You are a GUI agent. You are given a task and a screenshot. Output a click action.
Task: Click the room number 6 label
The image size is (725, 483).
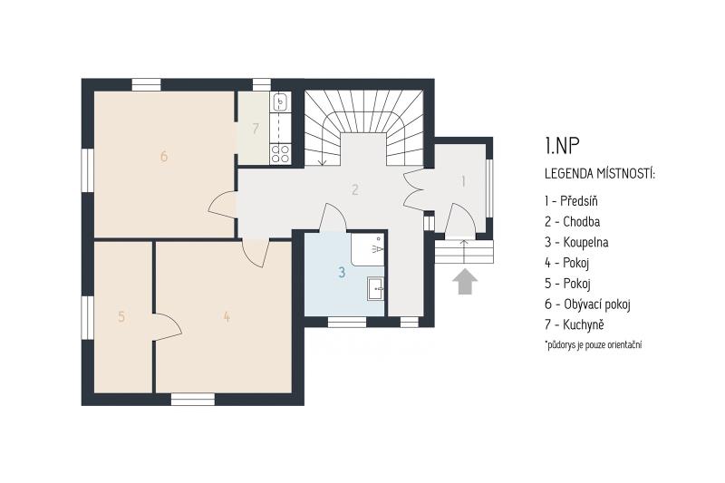click(164, 156)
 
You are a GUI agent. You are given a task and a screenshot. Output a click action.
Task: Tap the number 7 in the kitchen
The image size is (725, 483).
click(256, 129)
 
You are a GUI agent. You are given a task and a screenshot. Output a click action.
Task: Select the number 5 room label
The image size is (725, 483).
click(121, 316)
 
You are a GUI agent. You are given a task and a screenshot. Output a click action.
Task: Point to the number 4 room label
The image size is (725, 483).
click(227, 316)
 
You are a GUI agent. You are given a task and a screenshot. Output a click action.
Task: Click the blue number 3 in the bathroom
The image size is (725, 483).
click(342, 272)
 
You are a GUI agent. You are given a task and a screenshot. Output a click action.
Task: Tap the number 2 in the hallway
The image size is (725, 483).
click(354, 189)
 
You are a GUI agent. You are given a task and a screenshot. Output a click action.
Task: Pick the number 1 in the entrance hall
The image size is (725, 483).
click(463, 181)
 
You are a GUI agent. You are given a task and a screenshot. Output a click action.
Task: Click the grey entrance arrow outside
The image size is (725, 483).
click(465, 282)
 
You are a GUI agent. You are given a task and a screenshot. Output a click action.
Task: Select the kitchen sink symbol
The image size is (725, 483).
click(280, 102)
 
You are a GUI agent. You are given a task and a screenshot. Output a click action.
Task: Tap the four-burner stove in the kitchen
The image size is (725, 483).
click(280, 154)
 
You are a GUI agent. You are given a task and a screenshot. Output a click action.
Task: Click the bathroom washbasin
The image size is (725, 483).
click(375, 289)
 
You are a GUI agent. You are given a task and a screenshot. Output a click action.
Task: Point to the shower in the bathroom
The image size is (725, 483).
click(368, 248)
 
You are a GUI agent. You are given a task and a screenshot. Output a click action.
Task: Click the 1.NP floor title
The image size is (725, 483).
click(562, 146)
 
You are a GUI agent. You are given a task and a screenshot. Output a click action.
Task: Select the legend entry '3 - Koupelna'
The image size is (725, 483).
click(576, 242)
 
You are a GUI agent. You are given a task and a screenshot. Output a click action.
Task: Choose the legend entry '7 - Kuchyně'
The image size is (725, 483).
click(575, 324)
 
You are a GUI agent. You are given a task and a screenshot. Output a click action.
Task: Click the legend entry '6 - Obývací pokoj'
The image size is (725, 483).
click(587, 304)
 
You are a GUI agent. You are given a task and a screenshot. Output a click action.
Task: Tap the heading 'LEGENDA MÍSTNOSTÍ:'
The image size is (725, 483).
click(600, 174)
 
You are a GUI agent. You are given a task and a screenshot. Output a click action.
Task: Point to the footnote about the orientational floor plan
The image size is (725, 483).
click(594, 344)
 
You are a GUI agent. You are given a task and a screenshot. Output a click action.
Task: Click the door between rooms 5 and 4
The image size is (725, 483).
click(167, 327)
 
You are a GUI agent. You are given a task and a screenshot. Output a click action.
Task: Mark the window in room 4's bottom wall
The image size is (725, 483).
click(193, 399)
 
